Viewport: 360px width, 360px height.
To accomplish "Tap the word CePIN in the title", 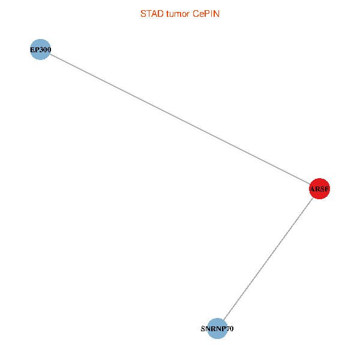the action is pos(206,13).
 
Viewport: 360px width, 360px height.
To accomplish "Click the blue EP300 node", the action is pos(39,50).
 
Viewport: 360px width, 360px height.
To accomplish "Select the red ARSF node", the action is pos(319,190).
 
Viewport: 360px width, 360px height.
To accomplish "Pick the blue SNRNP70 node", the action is pos(217,329).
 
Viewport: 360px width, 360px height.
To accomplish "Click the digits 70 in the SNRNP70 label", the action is pos(229,329).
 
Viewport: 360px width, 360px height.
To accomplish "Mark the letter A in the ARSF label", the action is pos(313,190).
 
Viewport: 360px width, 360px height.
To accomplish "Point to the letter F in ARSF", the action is pos(326,190).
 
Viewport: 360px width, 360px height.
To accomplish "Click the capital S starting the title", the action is pos(142,13).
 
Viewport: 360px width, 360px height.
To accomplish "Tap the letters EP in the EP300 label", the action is pos(34,50).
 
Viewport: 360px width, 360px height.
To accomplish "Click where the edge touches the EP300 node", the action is pos(49,55).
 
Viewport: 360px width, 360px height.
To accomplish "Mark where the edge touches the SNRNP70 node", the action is pos(223,320).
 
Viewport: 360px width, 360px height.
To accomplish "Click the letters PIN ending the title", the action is pos(212,13).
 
